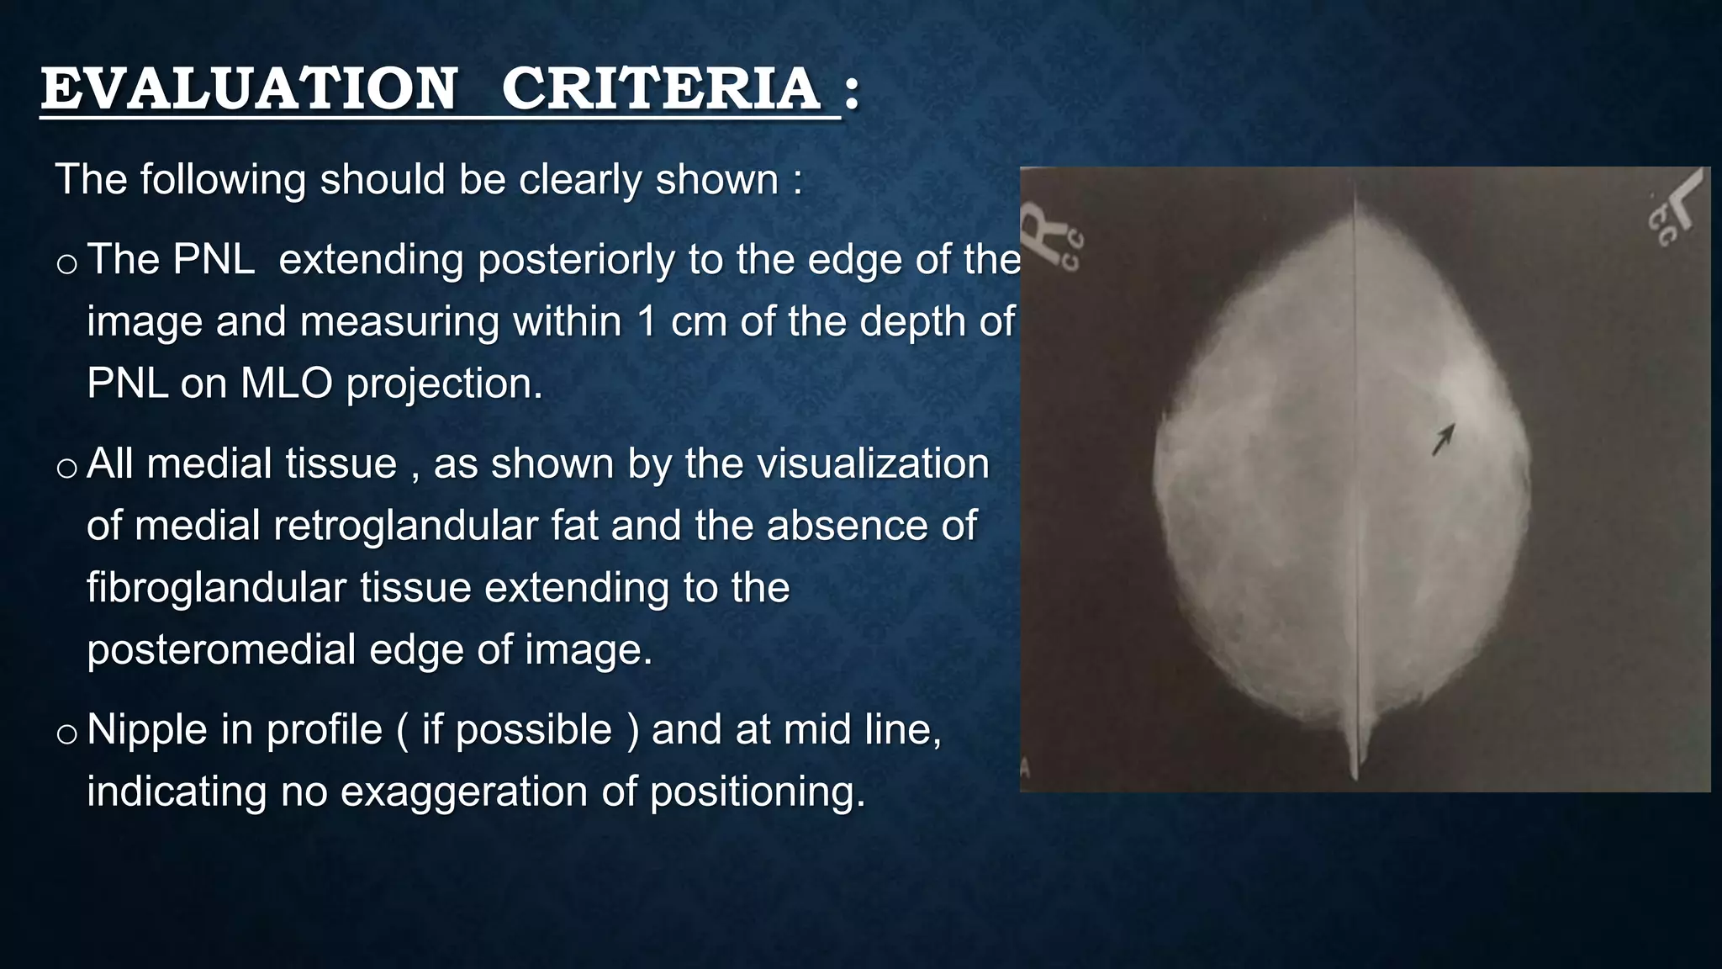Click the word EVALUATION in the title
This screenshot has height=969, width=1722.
tap(249, 89)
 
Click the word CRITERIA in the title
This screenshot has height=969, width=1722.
tap(661, 89)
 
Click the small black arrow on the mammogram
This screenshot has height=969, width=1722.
tap(1444, 439)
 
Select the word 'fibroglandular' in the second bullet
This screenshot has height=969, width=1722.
tap(216, 588)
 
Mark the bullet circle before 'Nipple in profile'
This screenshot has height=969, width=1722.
tap(66, 734)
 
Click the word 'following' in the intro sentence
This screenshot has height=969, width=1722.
tap(223, 180)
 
